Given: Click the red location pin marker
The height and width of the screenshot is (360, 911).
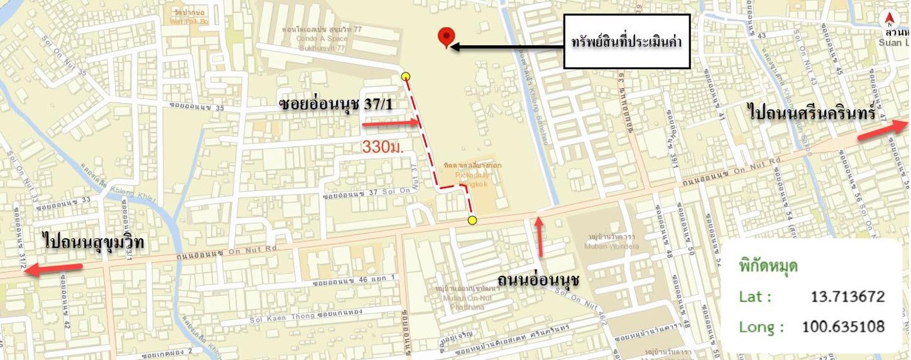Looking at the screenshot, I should point(446,37).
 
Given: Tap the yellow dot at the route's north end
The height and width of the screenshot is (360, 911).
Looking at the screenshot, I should point(406,77).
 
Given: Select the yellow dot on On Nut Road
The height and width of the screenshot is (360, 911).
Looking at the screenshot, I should point(472,220).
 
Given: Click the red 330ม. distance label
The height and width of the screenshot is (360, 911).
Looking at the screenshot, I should point(382,147).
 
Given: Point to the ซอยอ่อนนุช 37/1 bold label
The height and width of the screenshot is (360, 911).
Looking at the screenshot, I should point(336,104).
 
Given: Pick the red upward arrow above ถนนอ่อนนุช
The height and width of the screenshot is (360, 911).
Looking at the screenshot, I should point(538,236).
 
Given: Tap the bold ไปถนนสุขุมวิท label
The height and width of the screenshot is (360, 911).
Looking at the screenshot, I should point(94,242).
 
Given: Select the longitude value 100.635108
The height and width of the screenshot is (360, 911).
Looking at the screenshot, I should point(843,327).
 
